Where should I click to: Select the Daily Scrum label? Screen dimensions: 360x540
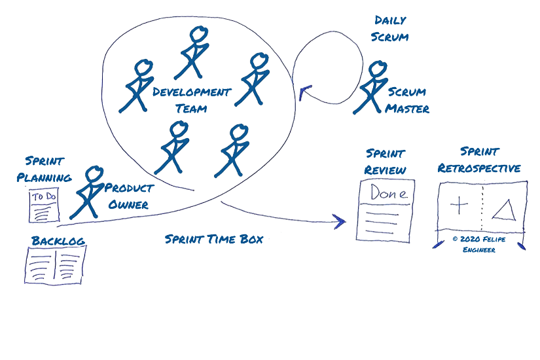pyautogui.click(x=391, y=29)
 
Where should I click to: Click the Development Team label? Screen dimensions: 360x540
pyautogui.click(x=191, y=99)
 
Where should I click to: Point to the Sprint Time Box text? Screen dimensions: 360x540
pyautogui.click(x=214, y=239)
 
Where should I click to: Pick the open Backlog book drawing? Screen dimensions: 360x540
pyautogui.click(x=55, y=266)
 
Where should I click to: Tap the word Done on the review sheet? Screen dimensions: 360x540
pyautogui.click(x=389, y=193)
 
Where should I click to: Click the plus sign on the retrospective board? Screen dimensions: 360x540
pyautogui.click(x=460, y=206)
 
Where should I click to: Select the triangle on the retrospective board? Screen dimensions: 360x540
pyautogui.click(x=503, y=209)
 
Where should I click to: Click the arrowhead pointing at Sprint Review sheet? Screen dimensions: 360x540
pyautogui.click(x=338, y=221)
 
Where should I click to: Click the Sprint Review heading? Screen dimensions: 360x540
pyautogui.click(x=386, y=162)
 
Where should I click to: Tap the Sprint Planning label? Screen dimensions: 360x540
pyautogui.click(x=48, y=169)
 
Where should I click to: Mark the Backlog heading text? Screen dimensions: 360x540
pyautogui.click(x=58, y=241)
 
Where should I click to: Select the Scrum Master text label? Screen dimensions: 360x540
pyautogui.click(x=407, y=100)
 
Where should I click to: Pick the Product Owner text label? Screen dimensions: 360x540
pyautogui.click(x=130, y=196)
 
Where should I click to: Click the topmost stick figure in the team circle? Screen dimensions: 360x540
pyautogui.click(x=194, y=51)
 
